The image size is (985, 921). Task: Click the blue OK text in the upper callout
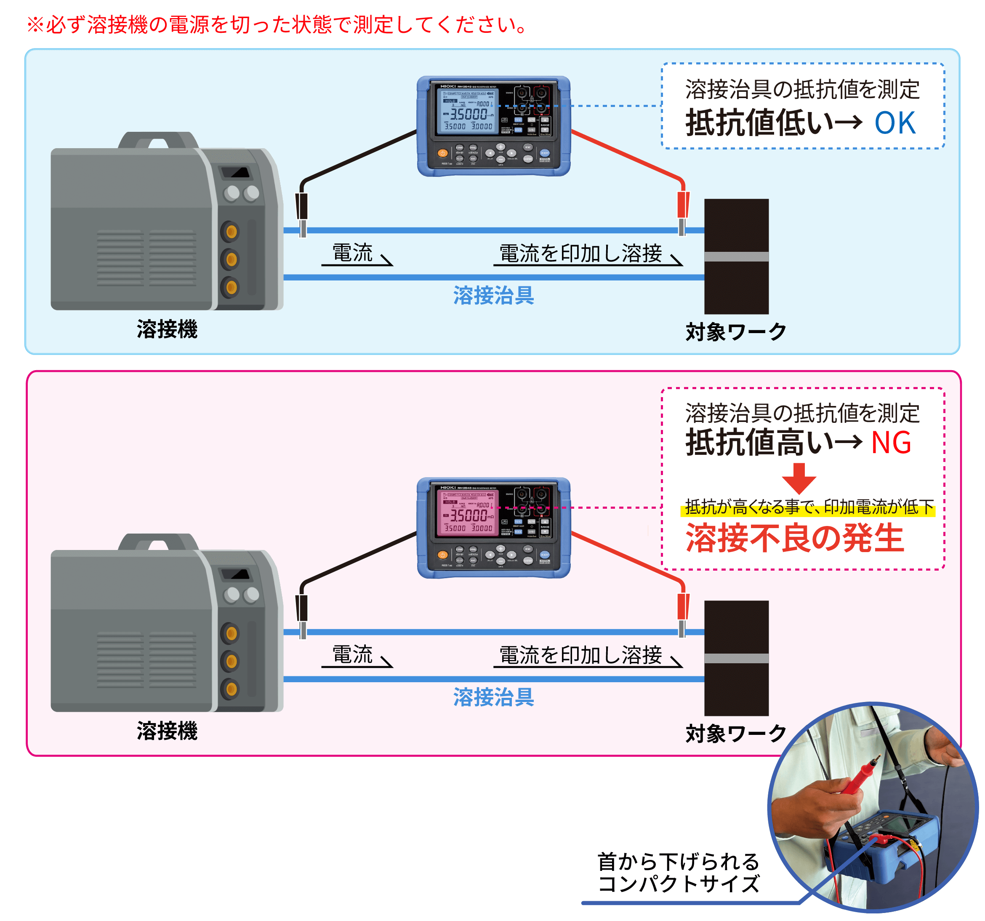tap(895, 123)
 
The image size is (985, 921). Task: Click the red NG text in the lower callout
tap(891, 443)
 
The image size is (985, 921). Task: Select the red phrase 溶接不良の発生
tap(795, 538)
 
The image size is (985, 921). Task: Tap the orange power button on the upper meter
tap(442, 153)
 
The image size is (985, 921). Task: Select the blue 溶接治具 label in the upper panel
tap(493, 296)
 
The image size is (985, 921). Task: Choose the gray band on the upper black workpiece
tap(736, 256)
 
